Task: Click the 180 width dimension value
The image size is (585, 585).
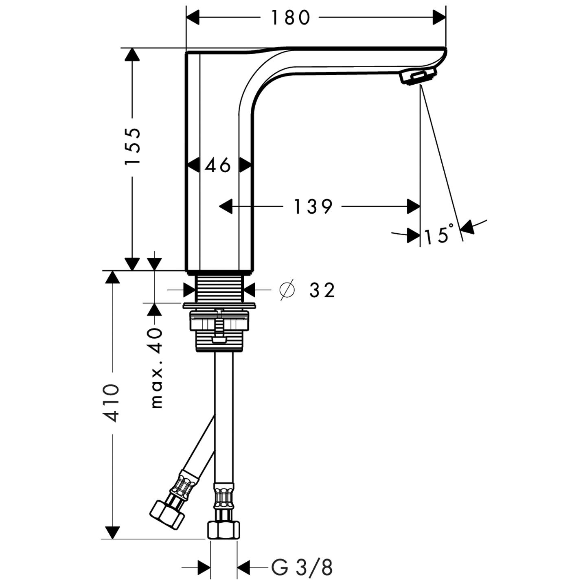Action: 290,18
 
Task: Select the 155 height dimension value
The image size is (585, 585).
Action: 133,146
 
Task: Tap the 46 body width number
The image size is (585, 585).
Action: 218,165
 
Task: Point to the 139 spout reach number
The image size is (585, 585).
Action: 313,207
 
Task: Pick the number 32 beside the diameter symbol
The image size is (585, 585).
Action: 322,290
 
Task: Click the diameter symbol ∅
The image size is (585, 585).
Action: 287,290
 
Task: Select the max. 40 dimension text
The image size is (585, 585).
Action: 156,368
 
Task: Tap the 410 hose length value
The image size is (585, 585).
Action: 111,402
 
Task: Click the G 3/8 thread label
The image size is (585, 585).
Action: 302,567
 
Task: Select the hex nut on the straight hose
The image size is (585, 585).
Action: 223,530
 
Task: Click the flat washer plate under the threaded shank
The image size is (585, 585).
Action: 219,305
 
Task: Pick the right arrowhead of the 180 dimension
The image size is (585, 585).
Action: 439,18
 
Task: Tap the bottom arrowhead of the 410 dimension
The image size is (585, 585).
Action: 112,532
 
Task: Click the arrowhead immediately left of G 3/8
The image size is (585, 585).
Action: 244,567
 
